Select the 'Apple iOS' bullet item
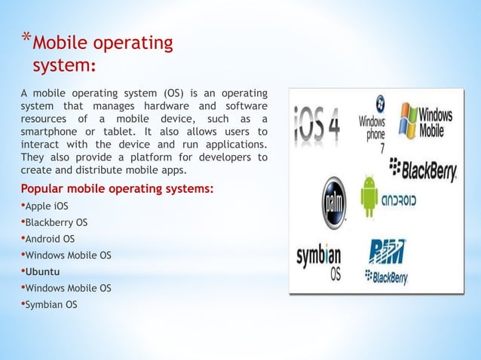point(46,206)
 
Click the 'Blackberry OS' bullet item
point(56,222)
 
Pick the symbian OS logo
point(319,261)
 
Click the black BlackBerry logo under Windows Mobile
point(424,170)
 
